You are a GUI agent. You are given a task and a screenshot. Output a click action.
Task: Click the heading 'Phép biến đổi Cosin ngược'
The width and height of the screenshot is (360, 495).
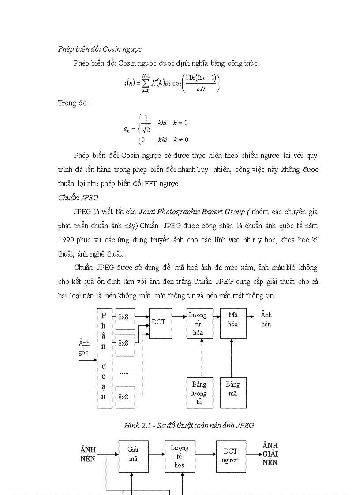[x=100, y=49]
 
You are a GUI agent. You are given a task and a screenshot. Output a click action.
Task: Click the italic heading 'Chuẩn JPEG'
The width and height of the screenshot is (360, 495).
[x=78, y=197]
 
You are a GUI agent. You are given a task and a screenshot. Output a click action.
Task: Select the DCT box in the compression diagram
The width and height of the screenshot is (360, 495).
[x=159, y=323]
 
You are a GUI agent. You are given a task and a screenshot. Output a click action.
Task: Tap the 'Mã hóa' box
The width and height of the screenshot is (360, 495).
[x=233, y=323]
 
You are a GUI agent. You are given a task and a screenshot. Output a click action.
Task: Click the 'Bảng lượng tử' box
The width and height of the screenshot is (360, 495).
[x=199, y=392]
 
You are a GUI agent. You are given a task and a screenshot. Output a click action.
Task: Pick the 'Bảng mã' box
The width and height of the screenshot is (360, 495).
[x=233, y=392]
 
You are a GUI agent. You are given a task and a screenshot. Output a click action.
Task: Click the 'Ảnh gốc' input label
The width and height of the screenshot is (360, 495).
[x=83, y=347]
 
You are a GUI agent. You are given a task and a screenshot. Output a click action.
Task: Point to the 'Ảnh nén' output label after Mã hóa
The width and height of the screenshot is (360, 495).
[x=266, y=319]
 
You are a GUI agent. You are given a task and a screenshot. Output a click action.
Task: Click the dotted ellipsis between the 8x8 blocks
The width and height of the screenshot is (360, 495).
[x=124, y=373]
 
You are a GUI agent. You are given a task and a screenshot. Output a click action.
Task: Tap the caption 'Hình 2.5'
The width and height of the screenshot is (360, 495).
[x=138, y=425]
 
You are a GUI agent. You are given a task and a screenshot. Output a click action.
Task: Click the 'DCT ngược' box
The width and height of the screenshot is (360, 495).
[x=230, y=455]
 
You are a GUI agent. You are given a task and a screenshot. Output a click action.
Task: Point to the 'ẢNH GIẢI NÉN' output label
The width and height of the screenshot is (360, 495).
[x=270, y=454]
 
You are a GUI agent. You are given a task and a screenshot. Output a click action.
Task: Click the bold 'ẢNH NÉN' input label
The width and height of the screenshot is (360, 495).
[x=88, y=454]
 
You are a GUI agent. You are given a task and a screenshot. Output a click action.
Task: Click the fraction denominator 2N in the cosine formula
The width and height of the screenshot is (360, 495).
[x=200, y=88]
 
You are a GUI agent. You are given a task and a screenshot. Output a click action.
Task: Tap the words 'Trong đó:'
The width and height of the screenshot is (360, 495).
[x=73, y=103]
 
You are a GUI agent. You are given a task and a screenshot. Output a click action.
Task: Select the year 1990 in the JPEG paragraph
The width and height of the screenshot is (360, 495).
[x=67, y=240]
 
